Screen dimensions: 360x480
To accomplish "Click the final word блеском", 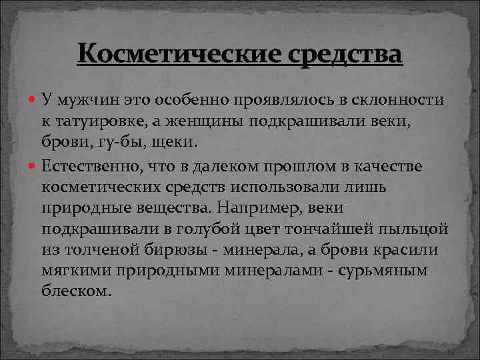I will coord(75,293).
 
